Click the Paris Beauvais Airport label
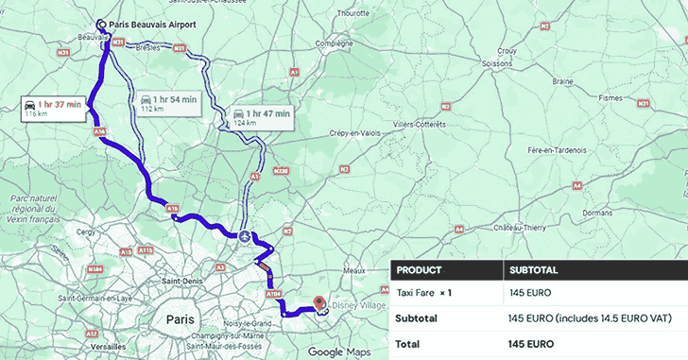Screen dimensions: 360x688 pyautogui.click(x=146, y=26)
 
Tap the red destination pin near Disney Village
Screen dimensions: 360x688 pyautogui.click(x=319, y=303)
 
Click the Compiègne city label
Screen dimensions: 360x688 pyautogui.click(x=333, y=43)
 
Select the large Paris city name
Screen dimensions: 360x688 pyautogui.click(x=180, y=319)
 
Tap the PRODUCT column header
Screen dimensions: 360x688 pyautogui.click(x=420, y=269)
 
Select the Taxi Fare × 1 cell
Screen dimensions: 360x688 pyautogui.click(x=424, y=294)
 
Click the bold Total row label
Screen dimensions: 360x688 pyautogui.click(x=409, y=343)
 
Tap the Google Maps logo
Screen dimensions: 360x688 pyautogui.click(x=338, y=352)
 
